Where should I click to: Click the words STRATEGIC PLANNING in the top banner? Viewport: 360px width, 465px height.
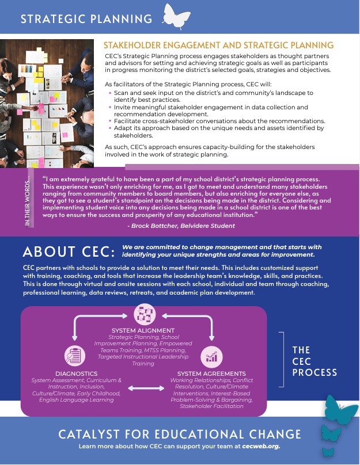click(86, 19)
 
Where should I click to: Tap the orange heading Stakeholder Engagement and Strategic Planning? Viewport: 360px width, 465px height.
click(218, 45)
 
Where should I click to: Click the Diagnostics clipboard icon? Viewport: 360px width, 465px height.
click(73, 356)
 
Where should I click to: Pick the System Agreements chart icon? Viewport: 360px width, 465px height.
click(211, 356)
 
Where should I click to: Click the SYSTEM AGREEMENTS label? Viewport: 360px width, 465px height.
click(211, 373)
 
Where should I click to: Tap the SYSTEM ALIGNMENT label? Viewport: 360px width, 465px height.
click(142, 330)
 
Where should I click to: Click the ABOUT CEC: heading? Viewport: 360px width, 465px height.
click(69, 251)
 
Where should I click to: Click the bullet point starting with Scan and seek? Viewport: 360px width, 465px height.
click(213, 96)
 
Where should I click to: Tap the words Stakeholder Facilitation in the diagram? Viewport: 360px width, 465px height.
click(211, 406)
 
